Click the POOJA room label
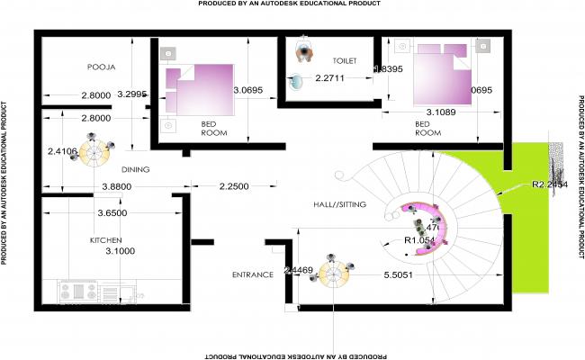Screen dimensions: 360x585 click(x=101, y=67)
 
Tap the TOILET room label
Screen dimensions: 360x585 click(x=345, y=60)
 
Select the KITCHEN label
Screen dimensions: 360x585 click(x=105, y=241)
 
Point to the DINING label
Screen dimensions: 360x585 click(x=135, y=169)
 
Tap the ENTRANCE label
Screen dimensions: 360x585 click(x=252, y=274)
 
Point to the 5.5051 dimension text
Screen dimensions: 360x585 click(x=398, y=274)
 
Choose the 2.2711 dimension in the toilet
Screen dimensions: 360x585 click(x=330, y=78)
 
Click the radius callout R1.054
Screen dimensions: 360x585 click(x=419, y=240)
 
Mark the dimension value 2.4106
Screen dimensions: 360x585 click(x=63, y=151)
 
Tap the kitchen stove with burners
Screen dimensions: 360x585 click(x=78, y=292)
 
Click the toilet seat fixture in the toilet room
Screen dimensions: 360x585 click(x=305, y=52)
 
